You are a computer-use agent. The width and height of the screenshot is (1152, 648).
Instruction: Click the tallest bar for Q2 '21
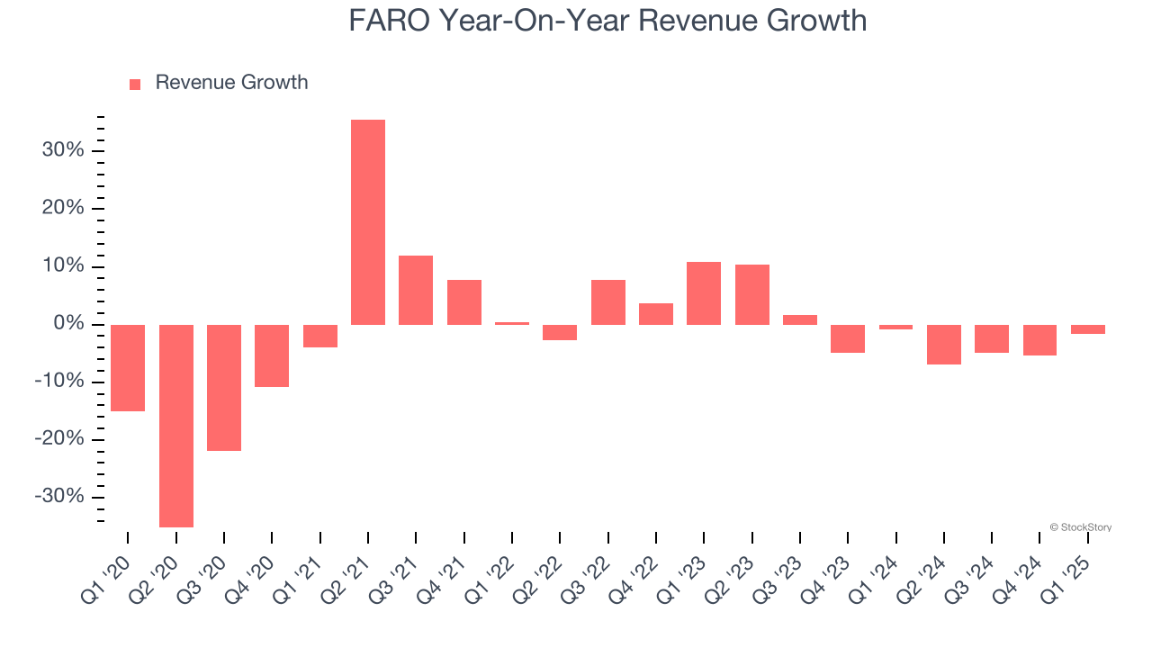click(x=368, y=222)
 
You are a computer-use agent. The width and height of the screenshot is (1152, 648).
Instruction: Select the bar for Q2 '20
click(x=176, y=426)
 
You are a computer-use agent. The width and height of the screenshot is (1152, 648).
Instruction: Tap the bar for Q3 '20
click(x=224, y=388)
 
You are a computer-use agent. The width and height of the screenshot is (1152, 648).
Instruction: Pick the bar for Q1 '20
click(x=128, y=368)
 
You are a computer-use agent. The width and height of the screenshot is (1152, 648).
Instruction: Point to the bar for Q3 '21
click(x=416, y=290)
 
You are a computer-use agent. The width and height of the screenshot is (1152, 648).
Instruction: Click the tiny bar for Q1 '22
click(x=512, y=323)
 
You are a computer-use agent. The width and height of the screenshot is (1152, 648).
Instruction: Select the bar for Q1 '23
click(x=704, y=293)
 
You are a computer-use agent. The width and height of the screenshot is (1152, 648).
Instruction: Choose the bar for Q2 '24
click(x=944, y=345)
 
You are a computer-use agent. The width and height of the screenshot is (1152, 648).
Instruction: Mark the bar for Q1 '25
click(x=1088, y=329)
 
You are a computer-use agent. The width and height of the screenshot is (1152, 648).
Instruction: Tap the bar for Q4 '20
click(x=272, y=356)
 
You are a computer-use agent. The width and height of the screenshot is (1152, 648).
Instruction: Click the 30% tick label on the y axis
click(x=63, y=150)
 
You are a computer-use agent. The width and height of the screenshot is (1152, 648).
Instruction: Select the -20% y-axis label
click(x=60, y=439)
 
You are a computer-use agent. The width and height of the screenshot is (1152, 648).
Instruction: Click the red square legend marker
click(x=135, y=85)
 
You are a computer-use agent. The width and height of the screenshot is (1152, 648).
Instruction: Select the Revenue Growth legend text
click(x=231, y=83)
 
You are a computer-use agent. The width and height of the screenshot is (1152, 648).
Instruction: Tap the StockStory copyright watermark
click(x=1080, y=527)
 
